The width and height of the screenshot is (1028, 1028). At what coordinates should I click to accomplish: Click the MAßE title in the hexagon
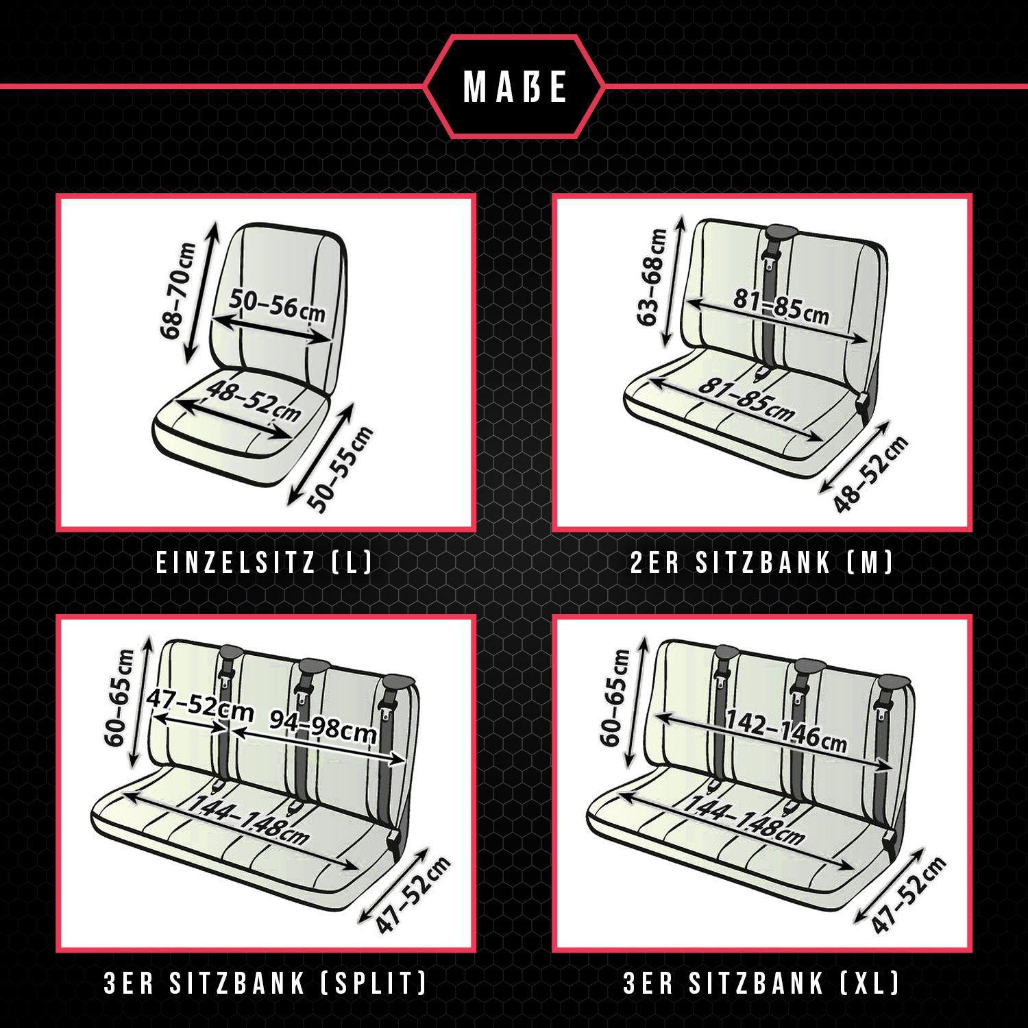[x=515, y=87]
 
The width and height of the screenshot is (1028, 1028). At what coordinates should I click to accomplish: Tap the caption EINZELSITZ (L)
[x=265, y=563]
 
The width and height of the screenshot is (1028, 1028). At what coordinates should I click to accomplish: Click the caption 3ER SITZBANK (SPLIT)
[x=265, y=984]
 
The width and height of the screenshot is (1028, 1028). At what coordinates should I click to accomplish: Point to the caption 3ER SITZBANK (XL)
[x=761, y=984]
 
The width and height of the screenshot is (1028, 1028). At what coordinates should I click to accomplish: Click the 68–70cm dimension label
[x=178, y=291]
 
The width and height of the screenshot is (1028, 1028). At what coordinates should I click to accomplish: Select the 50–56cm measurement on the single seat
[x=277, y=304]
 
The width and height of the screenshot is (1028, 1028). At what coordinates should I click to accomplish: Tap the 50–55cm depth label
[x=341, y=469]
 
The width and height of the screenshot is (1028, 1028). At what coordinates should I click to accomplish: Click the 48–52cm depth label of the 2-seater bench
[x=871, y=474]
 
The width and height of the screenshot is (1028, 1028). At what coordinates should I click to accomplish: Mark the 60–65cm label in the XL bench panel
[x=613, y=698]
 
